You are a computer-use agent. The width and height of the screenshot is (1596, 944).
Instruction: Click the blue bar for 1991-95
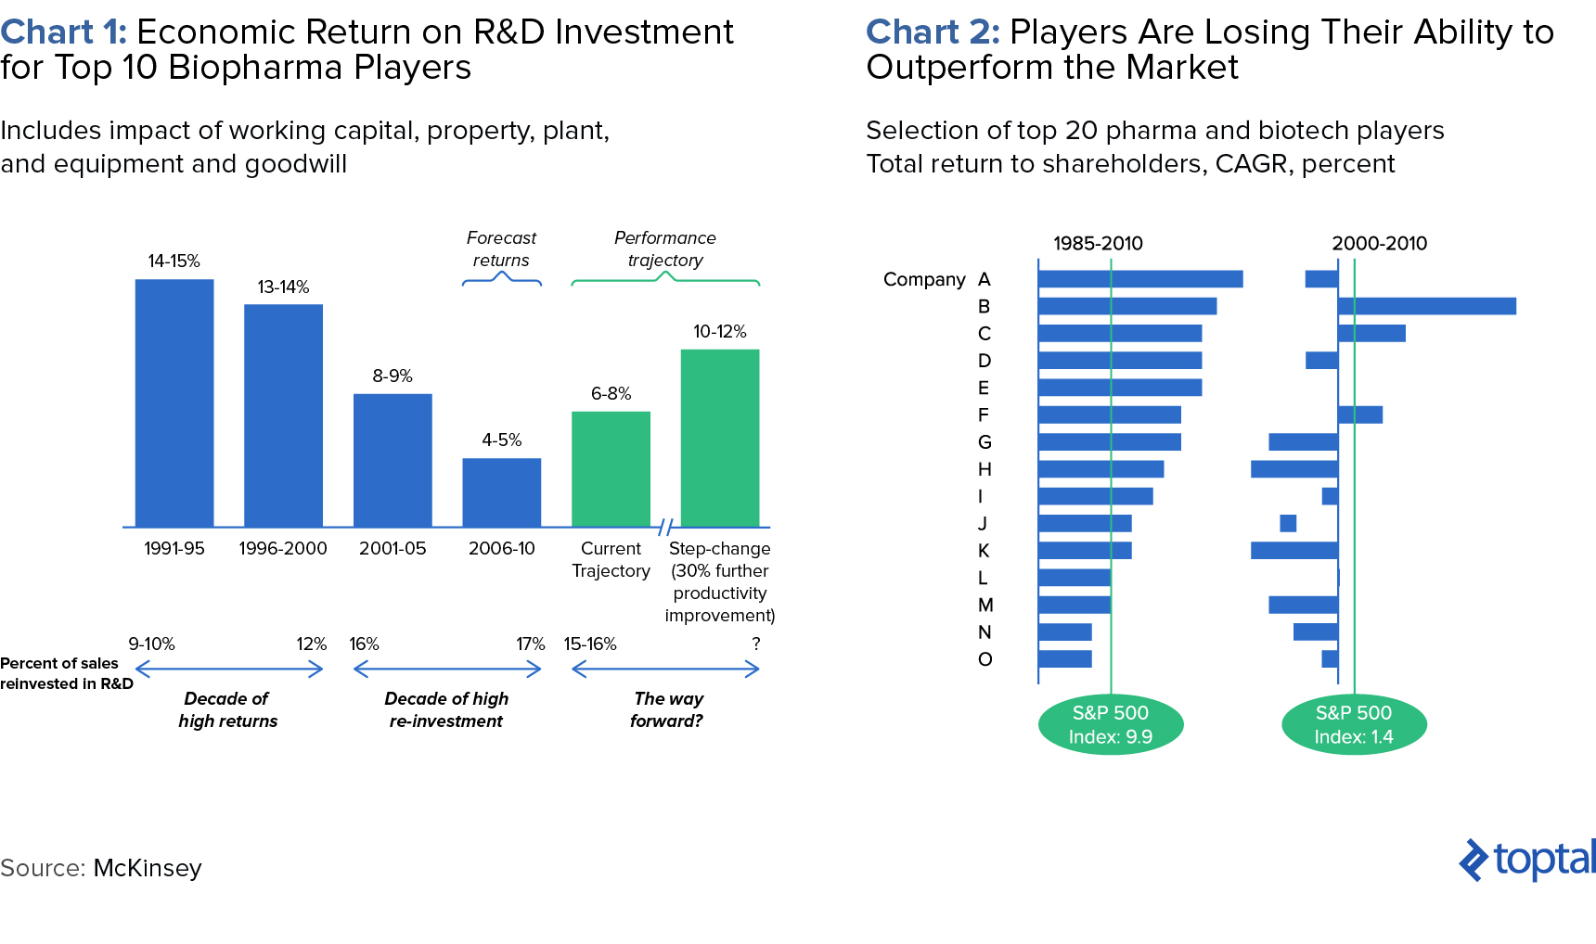click(174, 403)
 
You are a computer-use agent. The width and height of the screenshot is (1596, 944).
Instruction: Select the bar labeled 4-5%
click(501, 492)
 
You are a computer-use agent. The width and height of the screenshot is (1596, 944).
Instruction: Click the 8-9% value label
click(393, 376)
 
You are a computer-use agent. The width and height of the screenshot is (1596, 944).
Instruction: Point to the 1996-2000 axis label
click(283, 548)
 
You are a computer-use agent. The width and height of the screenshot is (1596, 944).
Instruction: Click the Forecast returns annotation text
click(501, 249)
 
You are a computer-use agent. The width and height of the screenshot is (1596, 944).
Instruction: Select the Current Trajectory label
click(611, 559)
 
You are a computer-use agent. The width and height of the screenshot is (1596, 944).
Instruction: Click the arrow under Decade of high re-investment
click(447, 669)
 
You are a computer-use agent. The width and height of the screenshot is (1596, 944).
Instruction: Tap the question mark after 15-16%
click(756, 644)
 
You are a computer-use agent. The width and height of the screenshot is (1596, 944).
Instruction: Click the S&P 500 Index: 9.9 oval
click(1110, 724)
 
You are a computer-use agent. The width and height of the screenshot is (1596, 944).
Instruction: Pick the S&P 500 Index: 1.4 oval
click(1353, 724)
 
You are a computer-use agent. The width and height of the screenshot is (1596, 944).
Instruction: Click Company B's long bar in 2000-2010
click(1427, 306)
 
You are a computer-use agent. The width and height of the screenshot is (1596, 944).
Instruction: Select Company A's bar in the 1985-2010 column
click(1140, 279)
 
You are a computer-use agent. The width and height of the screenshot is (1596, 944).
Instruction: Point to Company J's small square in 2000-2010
click(1288, 523)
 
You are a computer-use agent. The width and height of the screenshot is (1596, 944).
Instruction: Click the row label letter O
click(985, 659)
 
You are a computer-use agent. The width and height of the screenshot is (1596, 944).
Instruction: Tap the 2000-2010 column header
click(1379, 243)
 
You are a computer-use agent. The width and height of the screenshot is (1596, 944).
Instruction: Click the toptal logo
click(1527, 860)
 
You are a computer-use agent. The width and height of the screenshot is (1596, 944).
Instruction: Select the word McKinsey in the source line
click(148, 868)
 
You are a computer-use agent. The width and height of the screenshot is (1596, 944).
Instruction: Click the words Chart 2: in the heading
click(933, 32)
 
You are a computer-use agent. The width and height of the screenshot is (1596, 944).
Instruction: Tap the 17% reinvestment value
click(530, 644)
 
